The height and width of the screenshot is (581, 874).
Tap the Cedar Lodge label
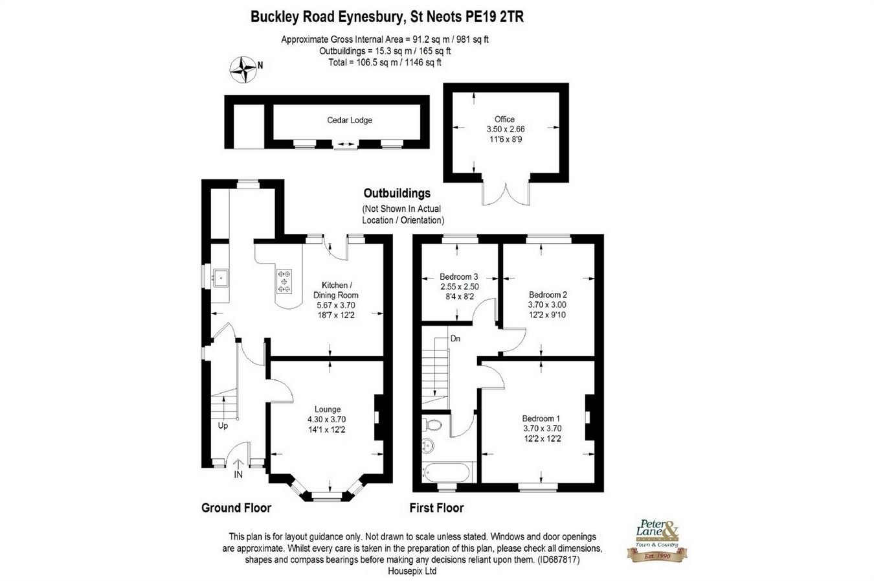click(350, 120)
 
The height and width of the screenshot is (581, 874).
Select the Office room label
click(504, 119)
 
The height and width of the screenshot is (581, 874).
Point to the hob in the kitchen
click(284, 281)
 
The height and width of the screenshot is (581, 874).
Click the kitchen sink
click(220, 278)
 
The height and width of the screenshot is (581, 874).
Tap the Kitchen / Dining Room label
click(337, 290)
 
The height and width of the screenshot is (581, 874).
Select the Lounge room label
click(328, 409)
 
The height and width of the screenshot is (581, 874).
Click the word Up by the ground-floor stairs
click(223, 426)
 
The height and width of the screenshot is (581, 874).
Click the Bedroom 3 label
click(458, 277)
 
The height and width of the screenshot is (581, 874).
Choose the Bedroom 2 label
click(548, 295)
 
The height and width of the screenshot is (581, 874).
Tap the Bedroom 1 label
click(542, 418)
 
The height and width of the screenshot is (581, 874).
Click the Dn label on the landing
click(456, 338)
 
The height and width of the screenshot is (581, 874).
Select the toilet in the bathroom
click(433, 425)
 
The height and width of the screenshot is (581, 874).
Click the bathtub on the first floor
click(448, 471)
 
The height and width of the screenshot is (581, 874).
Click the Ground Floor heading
click(236, 508)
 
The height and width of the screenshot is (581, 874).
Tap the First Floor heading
click(436, 508)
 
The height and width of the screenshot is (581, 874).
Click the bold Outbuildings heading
click(397, 193)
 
